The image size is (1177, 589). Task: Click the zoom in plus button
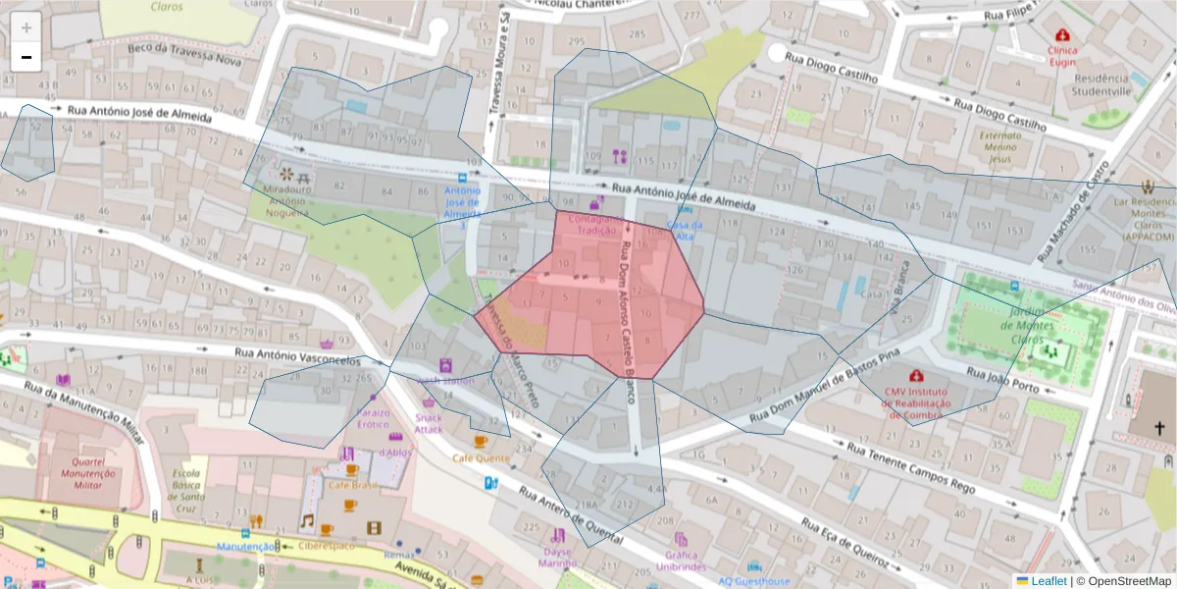click(x=26, y=27)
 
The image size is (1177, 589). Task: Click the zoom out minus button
click(x=26, y=57)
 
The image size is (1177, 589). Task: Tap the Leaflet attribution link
click(x=1048, y=580)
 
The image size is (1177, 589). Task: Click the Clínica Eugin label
click(x=1062, y=55)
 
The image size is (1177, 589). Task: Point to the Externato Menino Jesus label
click(x=998, y=146)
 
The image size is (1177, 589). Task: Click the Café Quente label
click(x=481, y=457)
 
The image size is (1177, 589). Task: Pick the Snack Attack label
click(x=429, y=423)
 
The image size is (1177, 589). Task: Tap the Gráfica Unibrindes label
click(x=681, y=560)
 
